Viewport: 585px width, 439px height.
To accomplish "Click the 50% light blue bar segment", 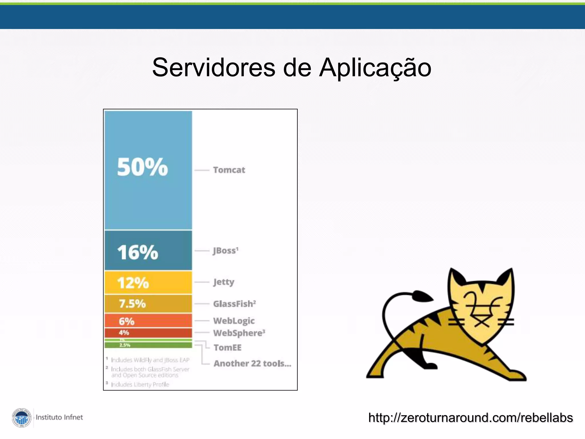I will [148, 170].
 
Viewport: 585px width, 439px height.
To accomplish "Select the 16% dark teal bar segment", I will [148, 251].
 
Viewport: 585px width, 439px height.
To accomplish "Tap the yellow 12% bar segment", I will [148, 282].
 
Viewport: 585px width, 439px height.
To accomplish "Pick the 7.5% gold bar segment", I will [148, 304].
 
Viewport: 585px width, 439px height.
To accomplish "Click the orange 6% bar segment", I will [148, 321].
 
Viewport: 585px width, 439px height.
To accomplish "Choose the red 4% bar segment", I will [148, 333].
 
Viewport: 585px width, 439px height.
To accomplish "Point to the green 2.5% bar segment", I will [148, 345].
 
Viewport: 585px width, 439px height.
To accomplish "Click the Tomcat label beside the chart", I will [229, 170].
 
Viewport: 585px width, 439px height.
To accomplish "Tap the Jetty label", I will [224, 282].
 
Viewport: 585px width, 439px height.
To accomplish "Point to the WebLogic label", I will [234, 321].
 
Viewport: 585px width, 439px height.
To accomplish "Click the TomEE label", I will [227, 348].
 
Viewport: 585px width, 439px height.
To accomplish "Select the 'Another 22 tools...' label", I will [252, 364].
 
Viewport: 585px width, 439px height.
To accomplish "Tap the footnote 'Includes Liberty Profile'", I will [140, 384].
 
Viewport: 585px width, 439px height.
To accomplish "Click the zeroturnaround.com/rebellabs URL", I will [470, 418].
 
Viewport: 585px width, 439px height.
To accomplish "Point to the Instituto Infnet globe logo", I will [22, 418].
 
